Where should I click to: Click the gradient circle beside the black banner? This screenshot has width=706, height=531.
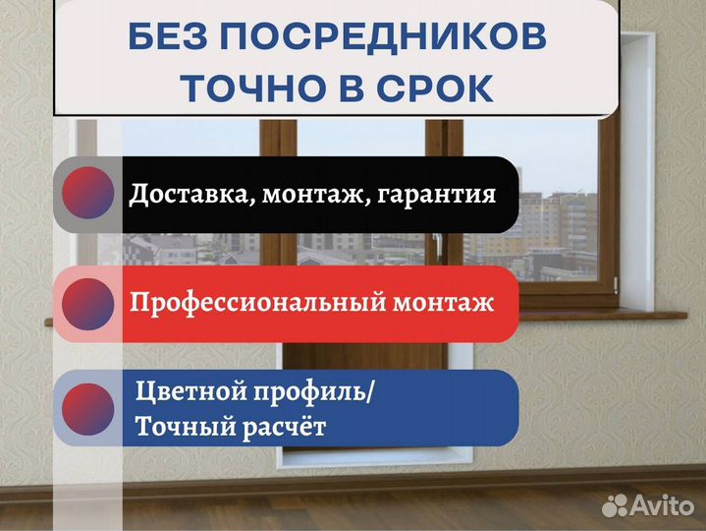pos(87,194)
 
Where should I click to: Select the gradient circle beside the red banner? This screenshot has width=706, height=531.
pos(87,303)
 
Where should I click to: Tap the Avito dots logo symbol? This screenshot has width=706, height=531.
pos(615,505)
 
